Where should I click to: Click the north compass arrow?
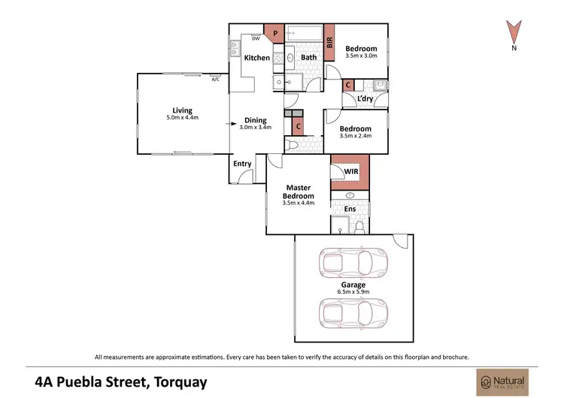coord(514,32)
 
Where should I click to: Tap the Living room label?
coord(182,110)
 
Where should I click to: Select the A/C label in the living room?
coord(216,79)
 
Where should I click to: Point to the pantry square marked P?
coord(274,33)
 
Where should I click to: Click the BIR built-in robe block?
coord(329,38)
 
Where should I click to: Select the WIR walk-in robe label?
coord(350,172)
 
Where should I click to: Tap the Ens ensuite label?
coord(350,209)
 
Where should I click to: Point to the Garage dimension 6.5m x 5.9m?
coord(353,293)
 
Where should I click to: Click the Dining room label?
coord(255,120)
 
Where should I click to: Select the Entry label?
coord(242,164)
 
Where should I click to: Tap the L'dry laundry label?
coord(366,99)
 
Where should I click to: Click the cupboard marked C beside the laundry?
coord(348,86)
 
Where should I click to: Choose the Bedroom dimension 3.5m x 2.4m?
coord(356,137)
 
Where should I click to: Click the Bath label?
coord(309,57)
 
